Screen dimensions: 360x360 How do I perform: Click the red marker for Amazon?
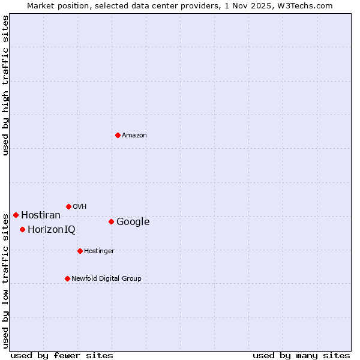118,135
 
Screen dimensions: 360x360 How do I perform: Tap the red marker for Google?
111,221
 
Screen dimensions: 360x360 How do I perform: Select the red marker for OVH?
68,206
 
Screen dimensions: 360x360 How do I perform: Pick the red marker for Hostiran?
16,215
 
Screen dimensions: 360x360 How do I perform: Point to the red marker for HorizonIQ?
22,229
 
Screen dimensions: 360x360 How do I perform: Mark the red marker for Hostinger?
80,251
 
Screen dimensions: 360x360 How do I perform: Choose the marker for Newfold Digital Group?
67,278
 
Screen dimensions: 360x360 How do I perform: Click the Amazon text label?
134,136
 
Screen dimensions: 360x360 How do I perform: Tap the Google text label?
133,222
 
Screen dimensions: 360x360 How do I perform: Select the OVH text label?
80,207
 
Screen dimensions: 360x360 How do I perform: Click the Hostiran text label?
41,215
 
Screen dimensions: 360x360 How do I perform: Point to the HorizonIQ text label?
52,230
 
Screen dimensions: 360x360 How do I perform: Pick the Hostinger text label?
99,251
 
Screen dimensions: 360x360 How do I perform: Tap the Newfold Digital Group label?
106,279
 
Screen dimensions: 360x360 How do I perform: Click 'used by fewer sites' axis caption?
62,355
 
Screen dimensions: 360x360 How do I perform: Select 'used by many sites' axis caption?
301,355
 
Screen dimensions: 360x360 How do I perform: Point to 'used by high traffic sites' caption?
5,85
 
